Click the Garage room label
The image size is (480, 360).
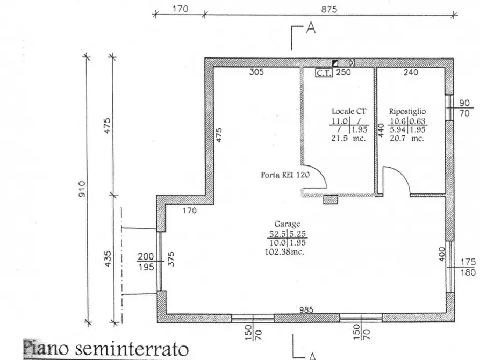click(287, 224)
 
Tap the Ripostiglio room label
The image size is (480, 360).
click(407, 111)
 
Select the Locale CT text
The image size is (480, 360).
click(349, 111)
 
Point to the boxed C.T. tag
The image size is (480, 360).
click(324, 73)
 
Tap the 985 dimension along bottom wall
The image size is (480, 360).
click(306, 310)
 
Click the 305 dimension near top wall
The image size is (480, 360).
click(256, 73)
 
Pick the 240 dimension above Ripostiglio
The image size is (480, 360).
click(411, 73)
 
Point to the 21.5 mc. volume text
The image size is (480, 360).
click(349, 138)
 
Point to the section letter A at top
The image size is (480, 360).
click(310, 29)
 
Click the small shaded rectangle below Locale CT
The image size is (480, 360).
click(330, 200)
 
